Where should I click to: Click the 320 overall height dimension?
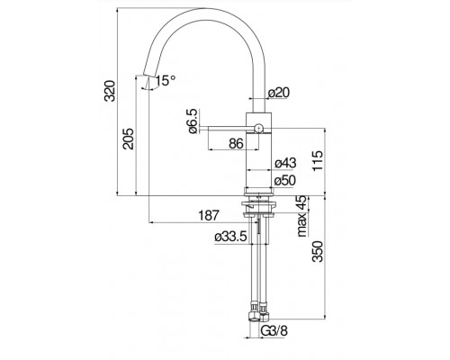(x=110, y=91)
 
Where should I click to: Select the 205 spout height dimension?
(x=129, y=139)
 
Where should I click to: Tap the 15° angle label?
(x=166, y=81)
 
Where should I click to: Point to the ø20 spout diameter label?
(x=279, y=93)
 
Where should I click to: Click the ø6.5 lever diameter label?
(x=193, y=121)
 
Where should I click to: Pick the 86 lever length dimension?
(x=236, y=144)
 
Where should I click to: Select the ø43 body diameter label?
(x=285, y=163)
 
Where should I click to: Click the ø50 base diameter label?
(x=285, y=181)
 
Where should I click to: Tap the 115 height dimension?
(x=318, y=160)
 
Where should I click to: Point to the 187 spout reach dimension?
(x=209, y=215)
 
